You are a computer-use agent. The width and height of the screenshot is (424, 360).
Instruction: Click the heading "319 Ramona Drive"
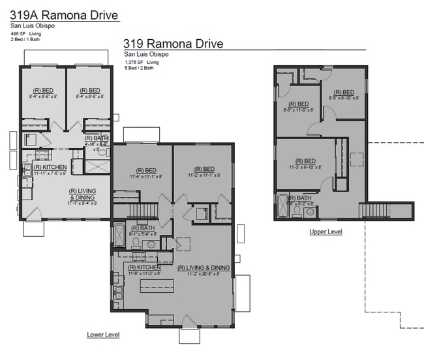coord(173,44)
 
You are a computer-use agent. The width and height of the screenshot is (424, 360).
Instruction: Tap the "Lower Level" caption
coord(103,335)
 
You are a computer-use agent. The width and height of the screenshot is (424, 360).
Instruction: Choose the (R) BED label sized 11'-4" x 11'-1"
coord(141,172)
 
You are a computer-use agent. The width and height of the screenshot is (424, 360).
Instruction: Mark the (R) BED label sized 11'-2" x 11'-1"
coord(202,172)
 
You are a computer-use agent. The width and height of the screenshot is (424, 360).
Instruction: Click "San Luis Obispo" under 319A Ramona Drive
coord(31,25)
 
